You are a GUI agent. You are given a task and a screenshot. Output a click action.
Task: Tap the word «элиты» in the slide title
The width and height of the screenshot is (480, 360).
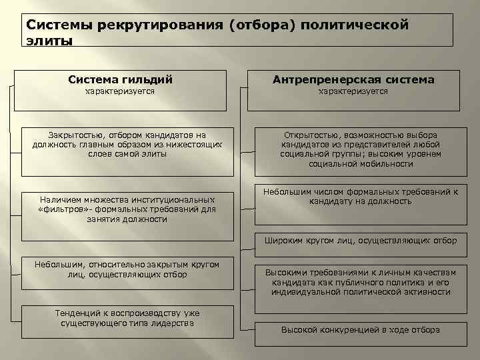(x=48, y=40)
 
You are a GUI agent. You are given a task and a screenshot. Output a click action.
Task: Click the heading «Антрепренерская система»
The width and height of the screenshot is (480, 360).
(x=353, y=79)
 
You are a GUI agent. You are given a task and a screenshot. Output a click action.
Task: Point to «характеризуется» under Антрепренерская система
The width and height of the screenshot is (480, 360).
(x=353, y=91)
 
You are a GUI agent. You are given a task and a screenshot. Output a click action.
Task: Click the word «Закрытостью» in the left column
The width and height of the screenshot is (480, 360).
(x=74, y=134)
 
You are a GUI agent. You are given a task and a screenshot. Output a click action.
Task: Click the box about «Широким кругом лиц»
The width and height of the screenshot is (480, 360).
(x=361, y=240)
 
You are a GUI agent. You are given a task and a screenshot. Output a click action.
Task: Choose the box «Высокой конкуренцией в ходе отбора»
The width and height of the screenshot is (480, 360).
(x=360, y=330)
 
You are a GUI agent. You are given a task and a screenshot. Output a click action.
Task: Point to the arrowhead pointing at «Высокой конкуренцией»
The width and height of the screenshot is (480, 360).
(x=252, y=329)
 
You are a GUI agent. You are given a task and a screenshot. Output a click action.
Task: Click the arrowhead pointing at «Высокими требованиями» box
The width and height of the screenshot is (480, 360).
(x=252, y=272)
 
